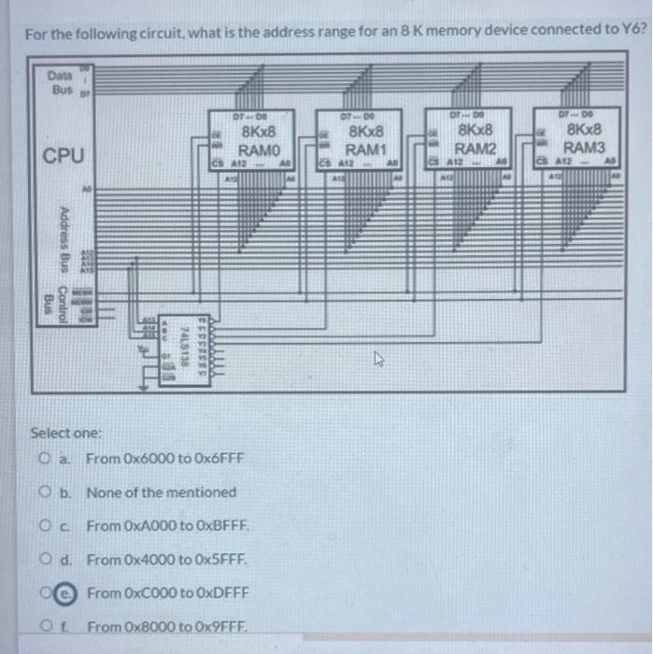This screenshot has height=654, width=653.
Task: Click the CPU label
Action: [64, 155]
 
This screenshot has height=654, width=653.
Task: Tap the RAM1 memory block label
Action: [365, 149]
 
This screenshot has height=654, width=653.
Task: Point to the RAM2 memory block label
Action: [475, 148]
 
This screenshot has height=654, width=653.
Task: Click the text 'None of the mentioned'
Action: [161, 492]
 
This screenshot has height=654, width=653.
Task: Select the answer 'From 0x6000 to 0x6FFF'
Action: [164, 459]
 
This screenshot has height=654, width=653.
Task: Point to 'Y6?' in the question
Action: [632, 29]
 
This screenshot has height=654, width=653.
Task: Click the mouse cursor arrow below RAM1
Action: [378, 358]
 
